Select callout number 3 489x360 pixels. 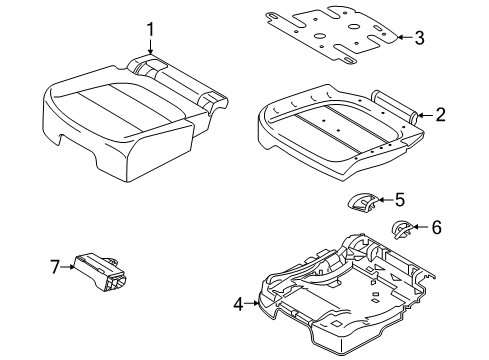(419, 39)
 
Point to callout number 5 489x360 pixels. (399, 199)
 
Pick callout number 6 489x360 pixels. (436, 227)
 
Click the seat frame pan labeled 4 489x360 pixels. (340, 295)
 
